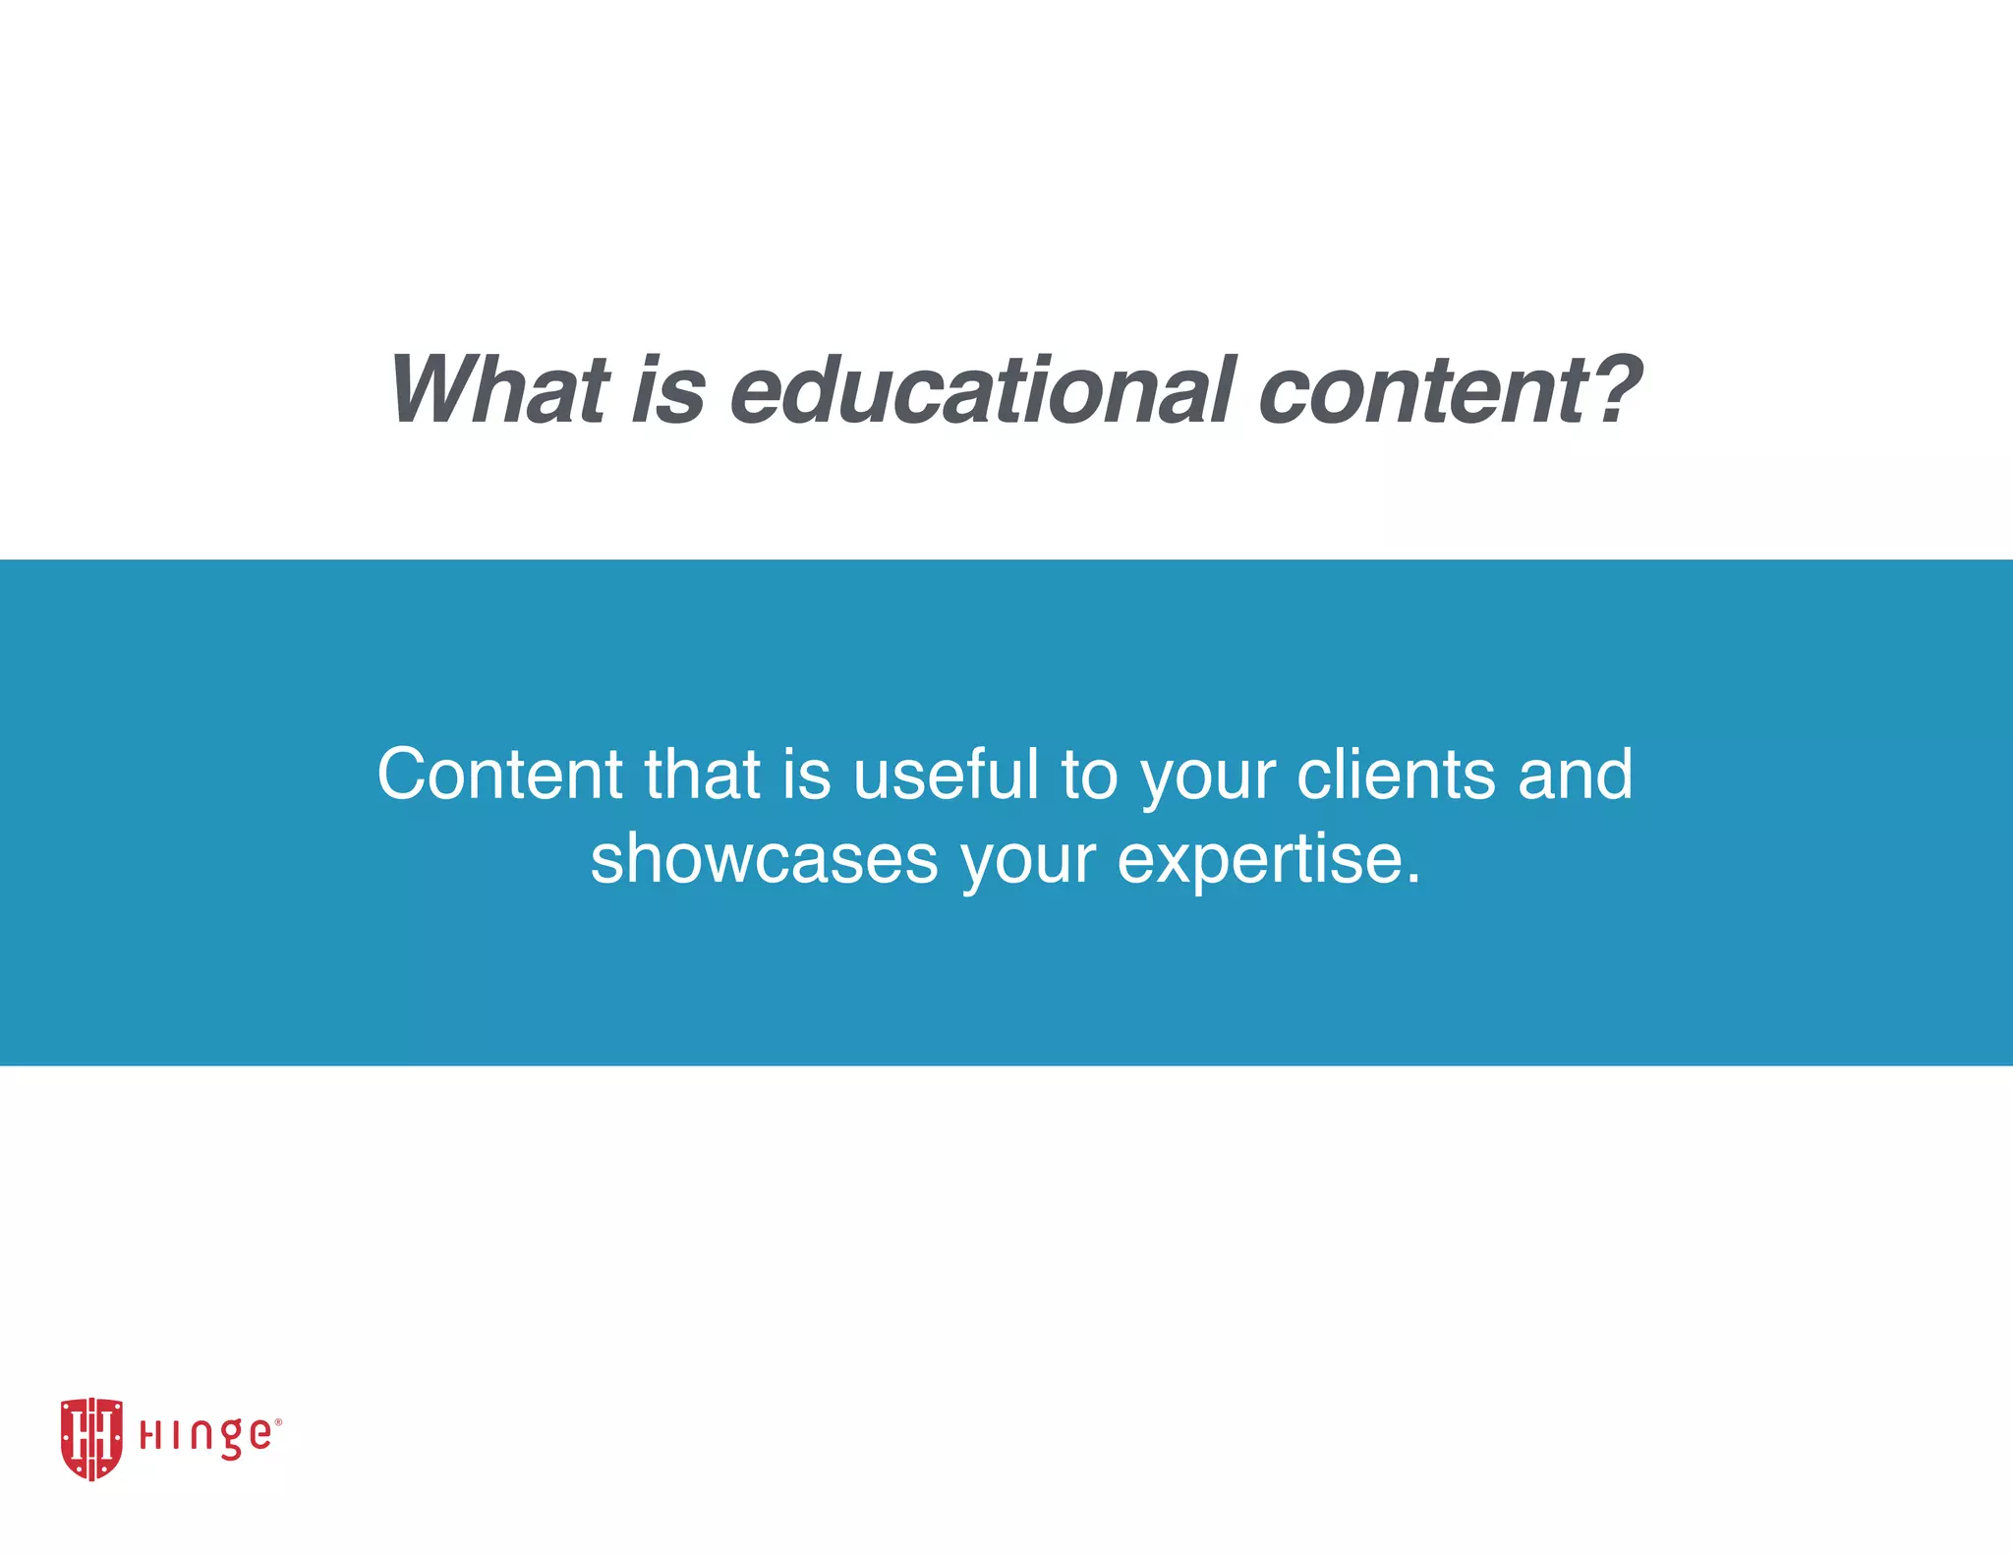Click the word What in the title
[x=499, y=390]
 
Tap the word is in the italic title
[x=667, y=390]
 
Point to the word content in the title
[x=1423, y=390]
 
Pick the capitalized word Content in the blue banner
[x=499, y=775]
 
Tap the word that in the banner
[x=702, y=775]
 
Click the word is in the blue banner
[x=806, y=775]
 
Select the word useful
[x=946, y=775]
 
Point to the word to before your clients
[x=1089, y=775]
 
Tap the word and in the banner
[x=1575, y=775]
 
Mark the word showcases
[x=765, y=859]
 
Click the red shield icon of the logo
[x=91, y=1438]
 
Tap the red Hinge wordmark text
[x=204, y=1437]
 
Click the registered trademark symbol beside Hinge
[x=278, y=1421]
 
